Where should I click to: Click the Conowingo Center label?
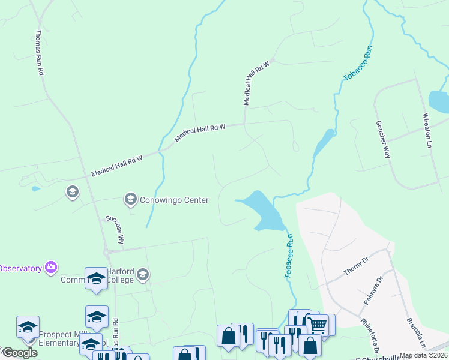(174, 200)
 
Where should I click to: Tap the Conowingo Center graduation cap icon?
(130, 199)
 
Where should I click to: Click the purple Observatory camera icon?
(51, 266)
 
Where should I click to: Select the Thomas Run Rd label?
(40, 53)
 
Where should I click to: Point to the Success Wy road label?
(115, 229)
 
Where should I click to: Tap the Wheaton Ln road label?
(427, 131)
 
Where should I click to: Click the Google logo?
(19, 353)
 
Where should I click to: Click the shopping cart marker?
(318, 325)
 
